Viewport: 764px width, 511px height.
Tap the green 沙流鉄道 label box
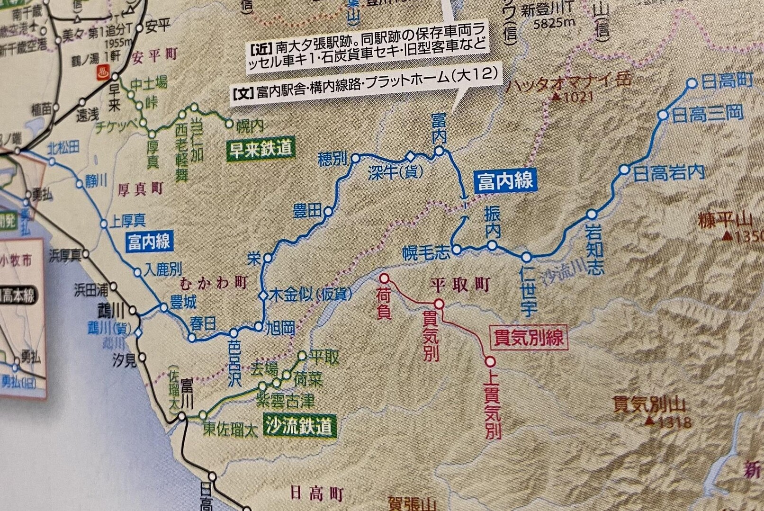tap(299, 426)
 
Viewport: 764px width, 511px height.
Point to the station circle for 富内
tap(439, 151)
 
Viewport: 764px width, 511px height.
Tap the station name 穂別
tap(334, 160)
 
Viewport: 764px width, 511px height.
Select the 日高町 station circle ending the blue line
tap(692, 84)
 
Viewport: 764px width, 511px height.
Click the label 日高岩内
tap(668, 173)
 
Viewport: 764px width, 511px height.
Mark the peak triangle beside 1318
tap(651, 420)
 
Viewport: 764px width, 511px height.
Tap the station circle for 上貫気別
tap(490, 362)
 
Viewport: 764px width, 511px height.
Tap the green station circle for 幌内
tap(230, 125)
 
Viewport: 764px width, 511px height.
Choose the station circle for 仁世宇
tap(527, 257)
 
